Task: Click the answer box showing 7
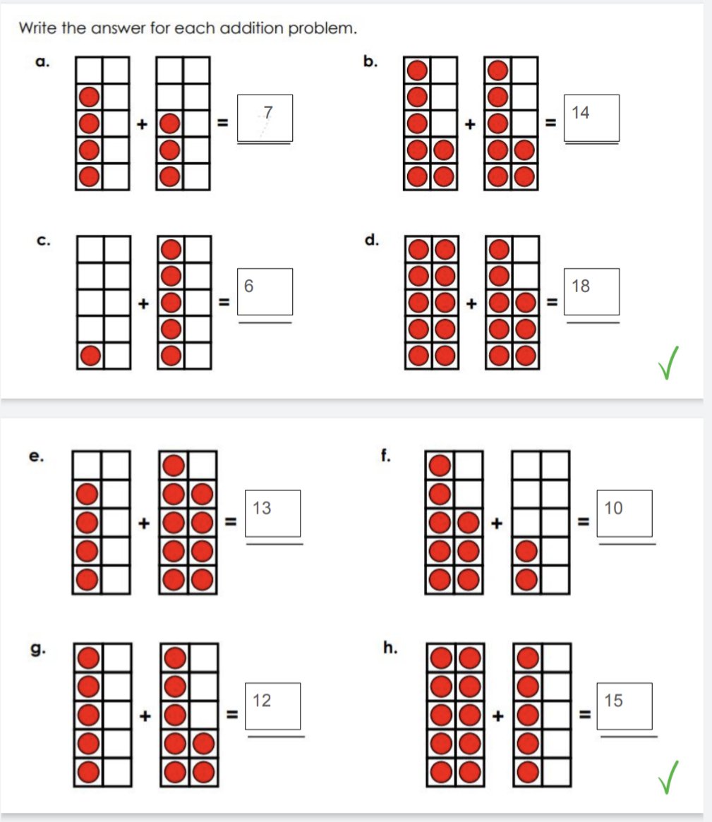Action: click(265, 118)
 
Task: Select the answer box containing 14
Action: click(592, 118)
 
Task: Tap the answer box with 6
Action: click(265, 291)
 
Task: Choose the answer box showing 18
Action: click(592, 291)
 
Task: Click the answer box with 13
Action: click(273, 513)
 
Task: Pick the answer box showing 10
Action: click(624, 513)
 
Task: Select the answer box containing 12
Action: click(273, 706)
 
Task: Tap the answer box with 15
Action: click(624, 706)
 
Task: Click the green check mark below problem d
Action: click(674, 363)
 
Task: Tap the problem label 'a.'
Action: click(42, 63)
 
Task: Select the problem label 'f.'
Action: click(385, 455)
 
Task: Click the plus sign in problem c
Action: click(143, 304)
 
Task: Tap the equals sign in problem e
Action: click(229, 523)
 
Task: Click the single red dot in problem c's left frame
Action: click(90, 356)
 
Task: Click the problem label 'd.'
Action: click(370, 240)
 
